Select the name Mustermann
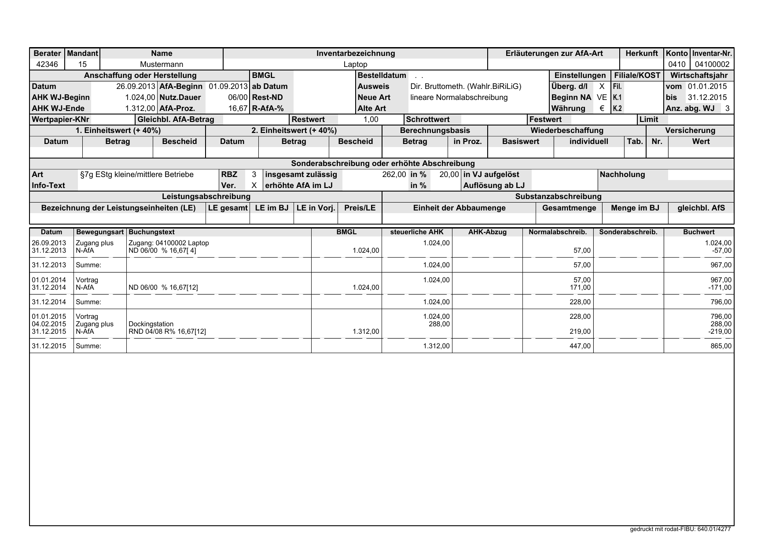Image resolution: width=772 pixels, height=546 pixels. click(162, 64)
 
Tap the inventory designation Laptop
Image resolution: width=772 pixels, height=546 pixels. click(355, 64)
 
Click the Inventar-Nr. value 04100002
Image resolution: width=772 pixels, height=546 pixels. click(712, 64)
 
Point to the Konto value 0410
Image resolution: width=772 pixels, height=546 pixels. click(676, 64)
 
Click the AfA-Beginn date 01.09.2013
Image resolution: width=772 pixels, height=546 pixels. click(228, 86)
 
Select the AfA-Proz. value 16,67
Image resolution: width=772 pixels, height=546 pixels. click(241, 108)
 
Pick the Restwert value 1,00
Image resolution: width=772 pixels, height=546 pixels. click(371, 119)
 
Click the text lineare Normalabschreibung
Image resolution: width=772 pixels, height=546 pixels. click(459, 97)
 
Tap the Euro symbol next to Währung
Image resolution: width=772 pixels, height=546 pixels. click(602, 108)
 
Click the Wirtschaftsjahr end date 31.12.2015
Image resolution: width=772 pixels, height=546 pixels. click(707, 97)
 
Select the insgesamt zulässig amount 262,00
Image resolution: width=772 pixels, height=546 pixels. click(394, 174)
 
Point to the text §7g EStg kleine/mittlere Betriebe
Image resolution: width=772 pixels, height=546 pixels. click(136, 174)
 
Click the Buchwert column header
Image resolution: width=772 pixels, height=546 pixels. click(698, 232)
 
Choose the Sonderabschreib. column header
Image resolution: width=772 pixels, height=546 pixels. click(628, 232)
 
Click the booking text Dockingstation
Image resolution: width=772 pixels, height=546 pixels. click(151, 324)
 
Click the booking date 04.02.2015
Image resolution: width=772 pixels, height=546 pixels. click(49, 324)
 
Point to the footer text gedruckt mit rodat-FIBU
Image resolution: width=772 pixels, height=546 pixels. click(680, 529)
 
